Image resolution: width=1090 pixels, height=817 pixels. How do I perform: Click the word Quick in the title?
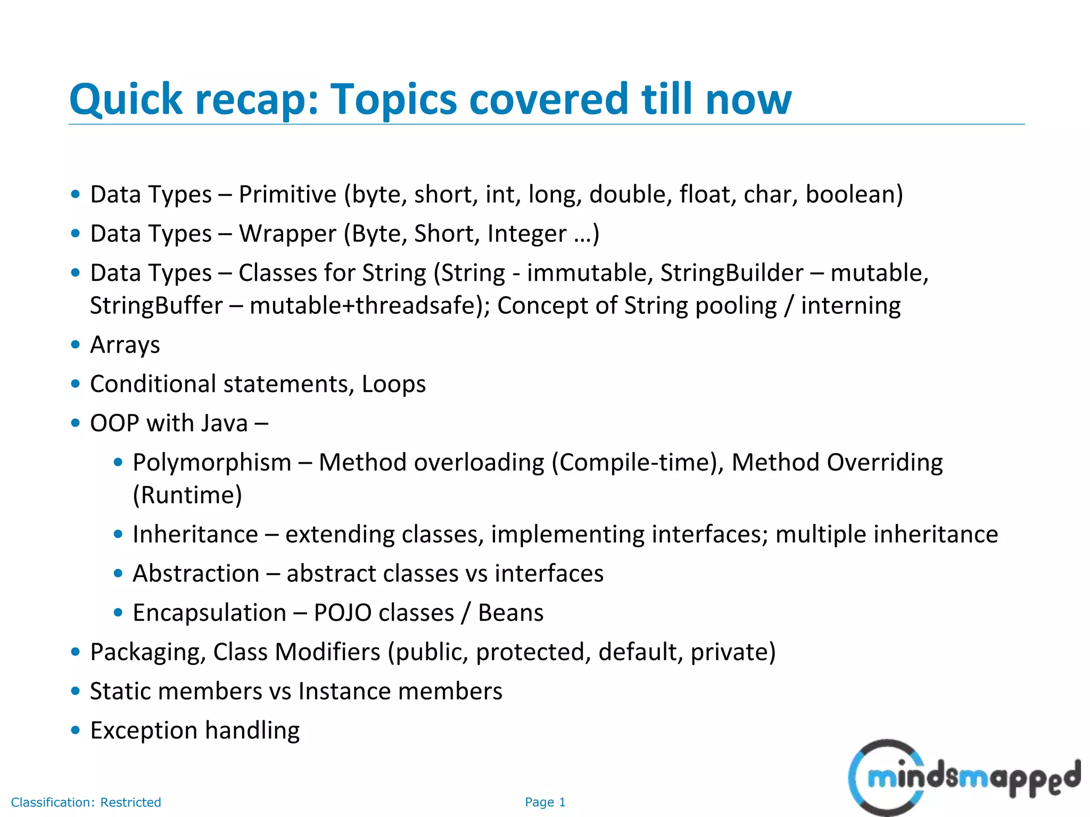coord(126,100)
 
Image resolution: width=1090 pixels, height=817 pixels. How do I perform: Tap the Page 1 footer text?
coord(545,802)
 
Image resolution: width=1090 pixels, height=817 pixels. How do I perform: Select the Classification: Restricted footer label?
coord(86,802)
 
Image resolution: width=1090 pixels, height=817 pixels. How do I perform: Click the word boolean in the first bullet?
coord(854,194)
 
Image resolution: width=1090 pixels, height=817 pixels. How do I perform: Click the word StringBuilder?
coord(731,273)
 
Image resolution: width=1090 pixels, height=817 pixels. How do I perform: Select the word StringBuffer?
coord(156,306)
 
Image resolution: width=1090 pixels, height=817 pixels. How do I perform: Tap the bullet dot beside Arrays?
coord(76,345)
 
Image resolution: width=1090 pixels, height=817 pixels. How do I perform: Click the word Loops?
coord(393,384)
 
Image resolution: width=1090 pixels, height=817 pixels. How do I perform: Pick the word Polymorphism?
coord(212,462)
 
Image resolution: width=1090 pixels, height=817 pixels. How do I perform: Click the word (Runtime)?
coord(187,495)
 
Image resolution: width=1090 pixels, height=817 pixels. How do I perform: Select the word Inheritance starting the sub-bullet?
coord(195,534)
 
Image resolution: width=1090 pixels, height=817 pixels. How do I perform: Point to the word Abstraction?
coord(196,573)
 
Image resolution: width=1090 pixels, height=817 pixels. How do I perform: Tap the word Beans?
coord(510,613)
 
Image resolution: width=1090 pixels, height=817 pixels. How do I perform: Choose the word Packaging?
coord(147,652)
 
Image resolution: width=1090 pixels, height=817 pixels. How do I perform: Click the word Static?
coord(120,691)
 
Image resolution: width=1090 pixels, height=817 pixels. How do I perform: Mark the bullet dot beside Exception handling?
coord(76,730)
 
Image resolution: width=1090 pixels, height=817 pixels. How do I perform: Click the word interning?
coord(850,306)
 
